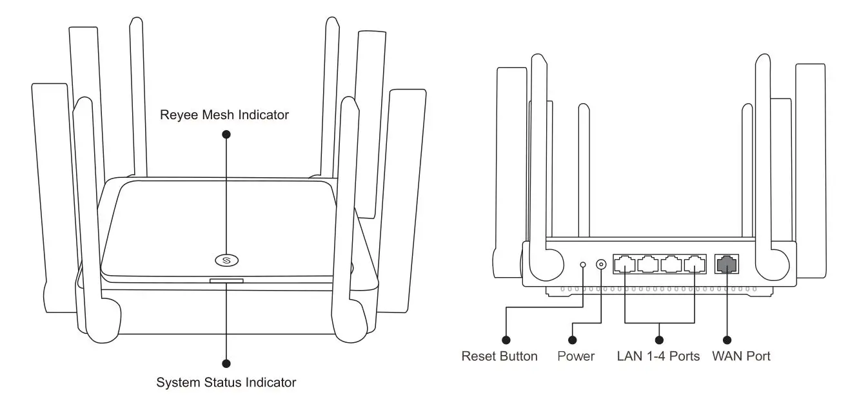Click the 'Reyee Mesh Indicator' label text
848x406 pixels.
point(224,115)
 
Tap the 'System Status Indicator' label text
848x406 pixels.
point(226,382)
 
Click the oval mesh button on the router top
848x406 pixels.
point(226,260)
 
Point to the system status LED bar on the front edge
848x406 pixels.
point(226,280)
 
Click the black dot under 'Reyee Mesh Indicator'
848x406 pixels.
point(226,134)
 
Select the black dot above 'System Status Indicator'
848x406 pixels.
point(226,363)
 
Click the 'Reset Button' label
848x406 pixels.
point(499,356)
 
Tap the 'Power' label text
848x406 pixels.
point(576,356)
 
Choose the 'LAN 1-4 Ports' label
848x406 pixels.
point(658,356)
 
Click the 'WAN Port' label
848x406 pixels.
point(741,356)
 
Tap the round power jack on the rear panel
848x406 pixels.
point(602,264)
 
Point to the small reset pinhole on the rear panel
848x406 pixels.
point(584,264)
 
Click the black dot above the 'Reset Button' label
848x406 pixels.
point(506,340)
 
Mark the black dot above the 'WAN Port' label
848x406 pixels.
point(727,340)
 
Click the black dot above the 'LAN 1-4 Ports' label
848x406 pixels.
point(659,340)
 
